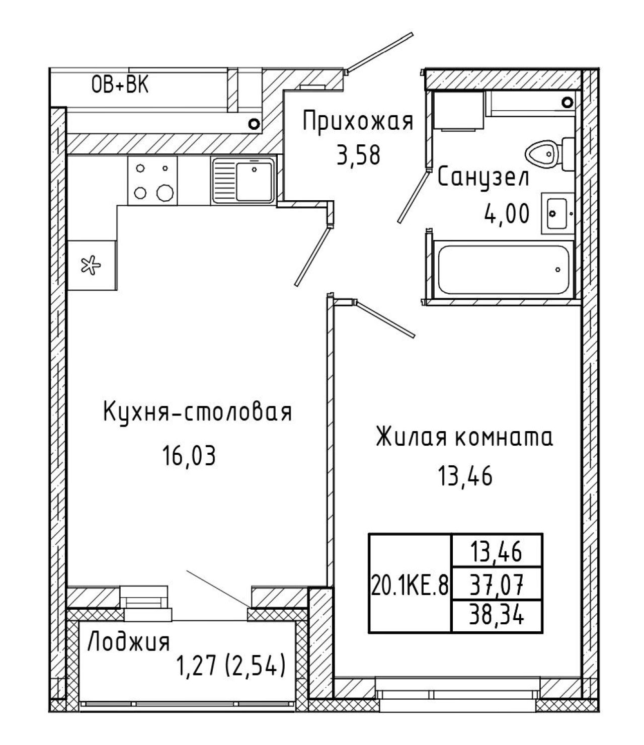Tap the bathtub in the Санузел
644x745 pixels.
pyautogui.click(x=504, y=270)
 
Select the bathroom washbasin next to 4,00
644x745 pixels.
pyautogui.click(x=557, y=213)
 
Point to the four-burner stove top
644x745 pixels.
pyautogui.click(x=152, y=181)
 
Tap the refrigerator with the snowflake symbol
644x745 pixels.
pyautogui.click(x=92, y=266)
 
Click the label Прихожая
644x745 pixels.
pyautogui.click(x=358, y=121)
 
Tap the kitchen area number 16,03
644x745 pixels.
pyautogui.click(x=189, y=455)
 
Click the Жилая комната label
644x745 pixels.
pyautogui.click(x=464, y=437)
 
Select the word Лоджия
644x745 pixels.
pyautogui.click(x=129, y=642)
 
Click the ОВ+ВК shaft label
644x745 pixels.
pyautogui.click(x=120, y=86)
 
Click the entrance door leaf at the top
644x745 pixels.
pyautogui.click(x=380, y=52)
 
